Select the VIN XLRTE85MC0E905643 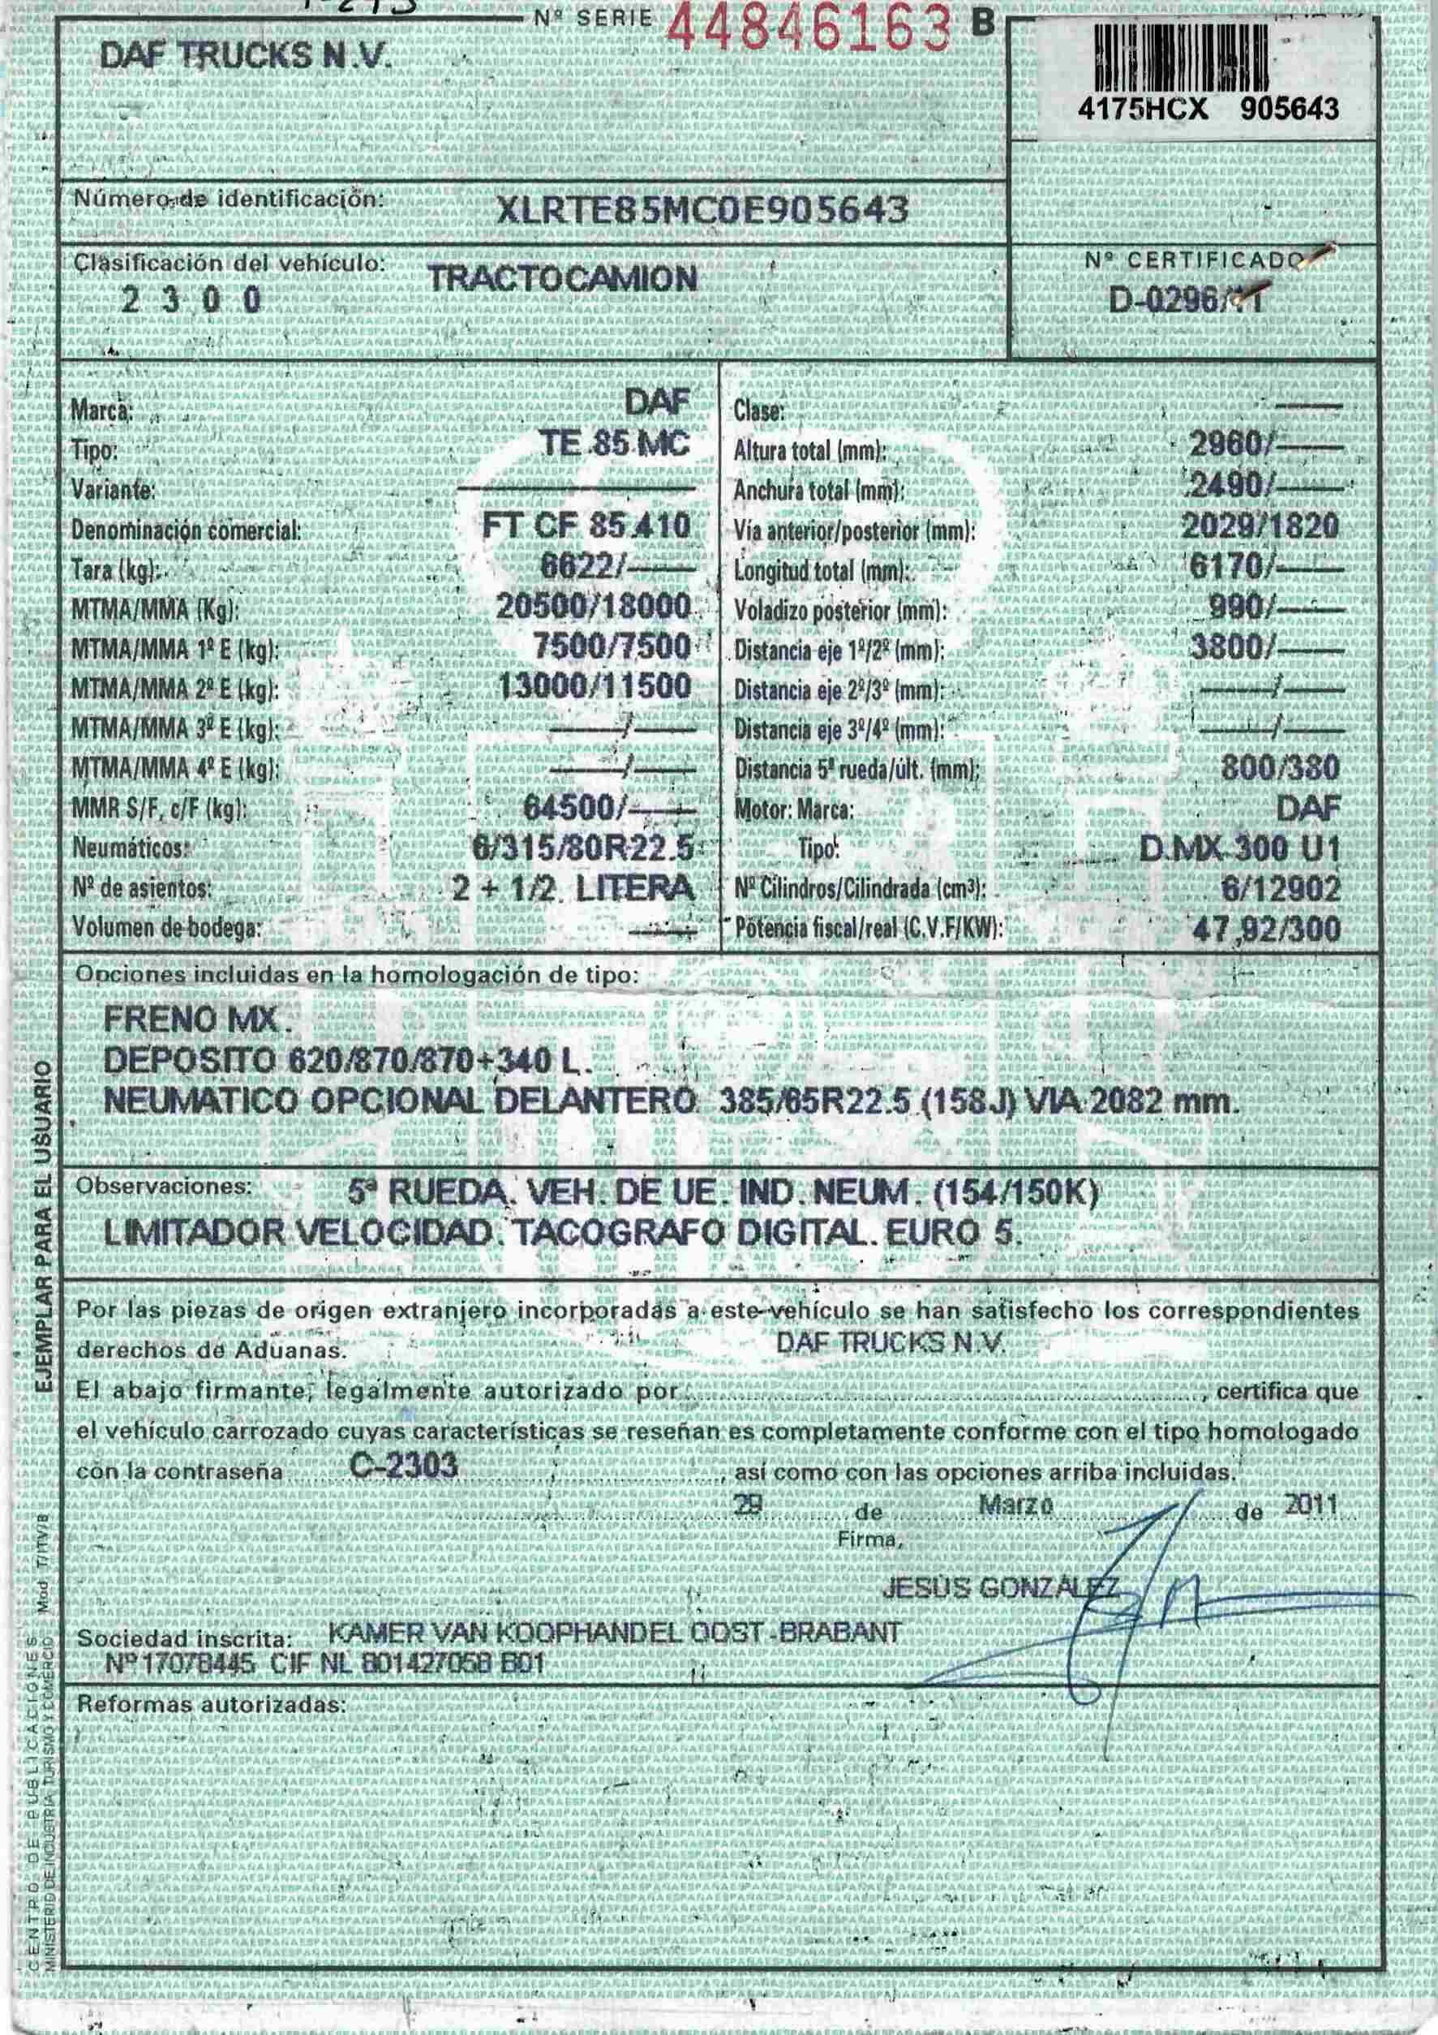point(703,210)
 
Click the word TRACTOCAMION point(562,280)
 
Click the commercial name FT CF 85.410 point(586,526)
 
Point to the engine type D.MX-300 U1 point(1239,849)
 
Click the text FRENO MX point(197,1021)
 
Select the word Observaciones point(164,1186)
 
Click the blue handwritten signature point(1144,1586)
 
